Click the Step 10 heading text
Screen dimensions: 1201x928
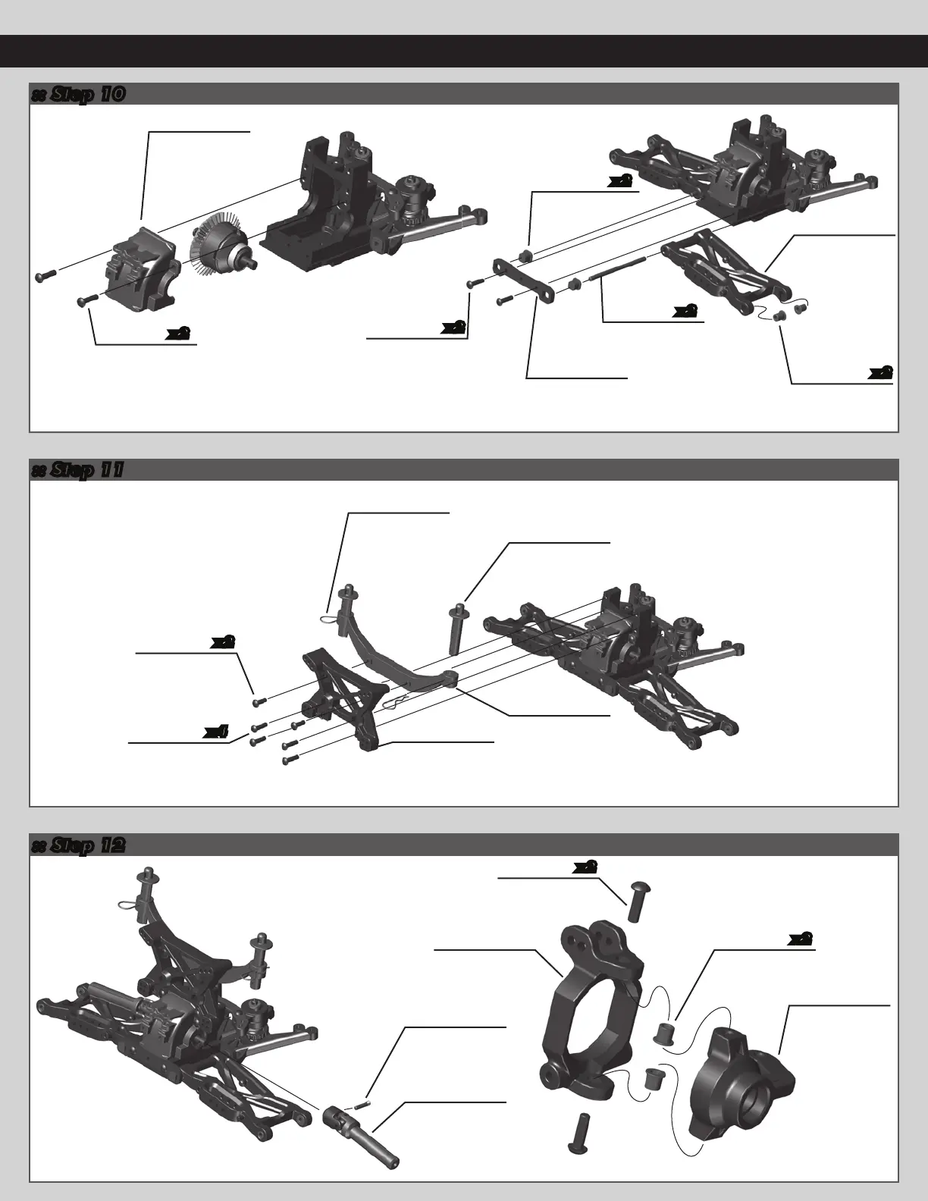pyautogui.click(x=78, y=94)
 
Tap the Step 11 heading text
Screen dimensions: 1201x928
pyautogui.click(x=78, y=470)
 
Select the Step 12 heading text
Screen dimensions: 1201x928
pyautogui.click(x=78, y=845)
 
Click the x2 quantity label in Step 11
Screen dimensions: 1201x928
pyautogui.click(x=221, y=641)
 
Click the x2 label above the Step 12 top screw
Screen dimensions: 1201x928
pyautogui.click(x=584, y=867)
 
